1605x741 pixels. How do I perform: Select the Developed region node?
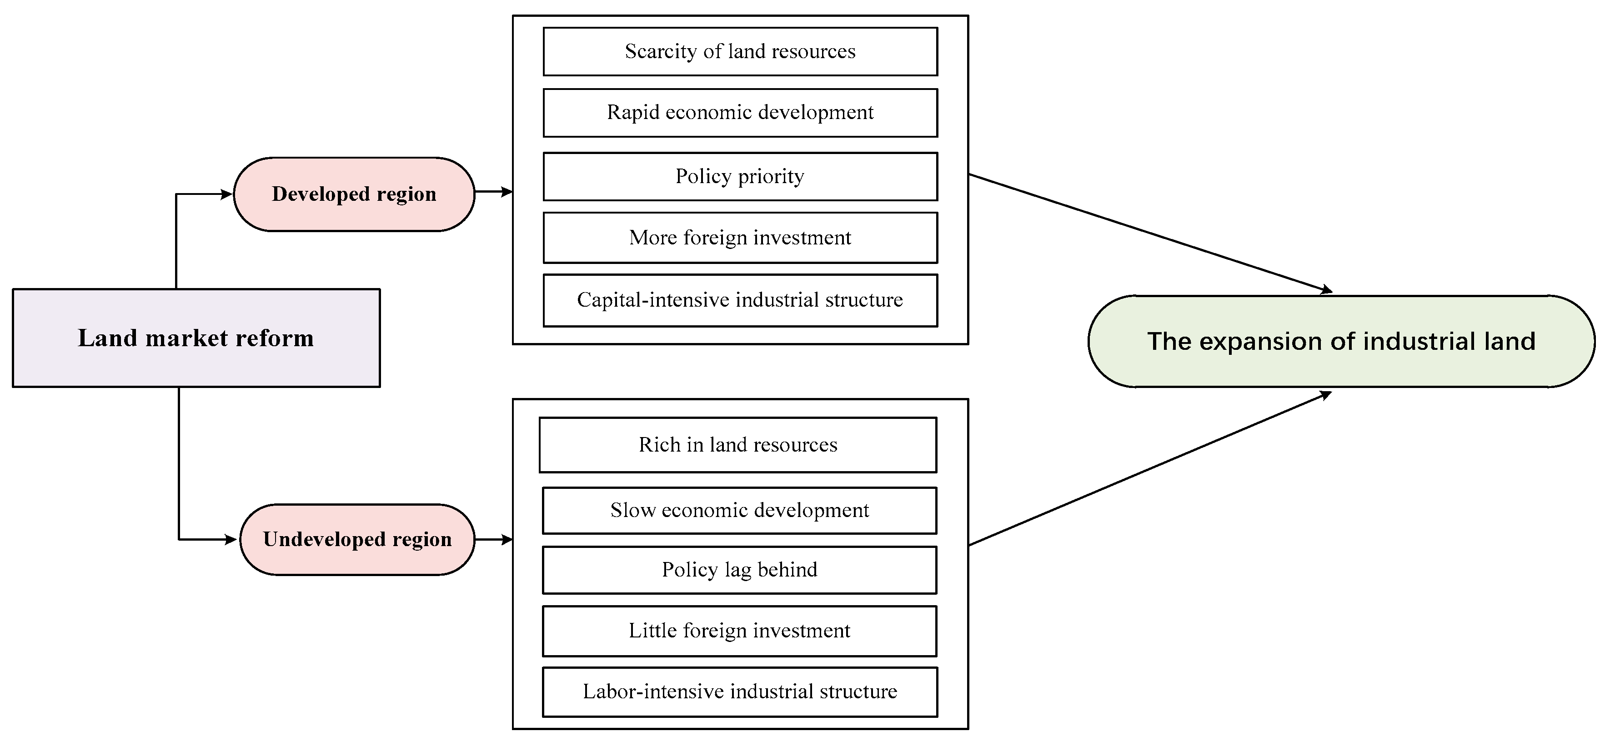[353, 194]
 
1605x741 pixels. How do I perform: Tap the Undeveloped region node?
[357, 539]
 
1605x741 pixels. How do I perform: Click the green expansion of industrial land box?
[1341, 341]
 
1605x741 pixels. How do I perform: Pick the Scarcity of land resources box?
[740, 51]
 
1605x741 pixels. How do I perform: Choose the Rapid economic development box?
[740, 113]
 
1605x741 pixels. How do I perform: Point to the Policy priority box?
[740, 176]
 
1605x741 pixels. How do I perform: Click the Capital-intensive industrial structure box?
[740, 300]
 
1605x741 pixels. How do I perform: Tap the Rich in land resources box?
[737, 445]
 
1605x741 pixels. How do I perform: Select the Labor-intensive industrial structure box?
[740, 692]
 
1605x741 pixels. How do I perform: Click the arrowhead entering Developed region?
[227, 194]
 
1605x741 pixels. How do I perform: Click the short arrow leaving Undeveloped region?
[493, 539]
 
